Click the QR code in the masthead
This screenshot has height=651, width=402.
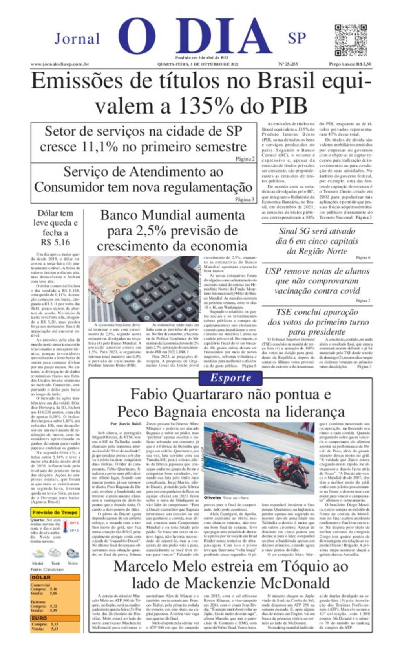coord(351,40)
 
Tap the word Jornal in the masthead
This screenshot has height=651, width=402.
coord(77,39)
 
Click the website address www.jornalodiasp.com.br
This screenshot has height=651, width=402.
coord(60,64)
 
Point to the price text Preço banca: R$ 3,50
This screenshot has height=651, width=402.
coord(350,64)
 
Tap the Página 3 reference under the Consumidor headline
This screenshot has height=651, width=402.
coord(245,199)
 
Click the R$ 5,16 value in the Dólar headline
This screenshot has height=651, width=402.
coord(55,242)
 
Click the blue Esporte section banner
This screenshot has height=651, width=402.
coord(230,378)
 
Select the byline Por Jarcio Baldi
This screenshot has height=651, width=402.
coord(126,424)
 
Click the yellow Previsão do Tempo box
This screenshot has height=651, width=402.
coord(55,512)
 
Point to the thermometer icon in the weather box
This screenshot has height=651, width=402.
coord(64,526)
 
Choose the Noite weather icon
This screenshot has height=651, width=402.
coord(73,554)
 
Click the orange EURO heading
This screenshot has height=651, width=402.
coord(39,618)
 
